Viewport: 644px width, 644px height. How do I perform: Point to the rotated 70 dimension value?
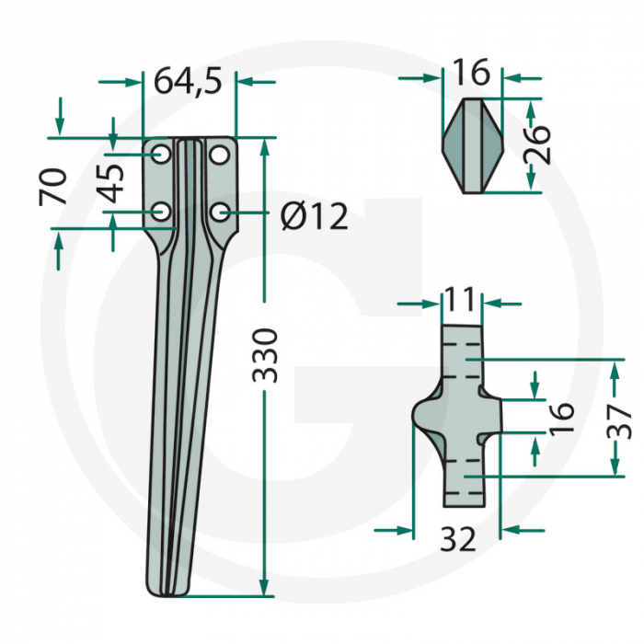pos(54,187)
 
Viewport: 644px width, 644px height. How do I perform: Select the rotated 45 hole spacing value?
pos(112,183)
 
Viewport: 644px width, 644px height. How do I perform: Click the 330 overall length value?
pos(265,354)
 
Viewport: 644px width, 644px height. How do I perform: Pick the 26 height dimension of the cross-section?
pos(540,144)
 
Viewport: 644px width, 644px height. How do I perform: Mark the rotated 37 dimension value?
pos(623,420)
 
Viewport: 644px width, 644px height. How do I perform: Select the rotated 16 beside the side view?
pos(560,416)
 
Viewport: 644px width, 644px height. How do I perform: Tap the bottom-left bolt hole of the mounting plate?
pos(161,213)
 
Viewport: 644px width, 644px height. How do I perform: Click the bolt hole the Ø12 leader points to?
pos(219,213)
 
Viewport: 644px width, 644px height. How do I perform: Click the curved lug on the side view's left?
pos(426,416)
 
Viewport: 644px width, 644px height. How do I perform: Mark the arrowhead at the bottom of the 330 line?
pos(265,588)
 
